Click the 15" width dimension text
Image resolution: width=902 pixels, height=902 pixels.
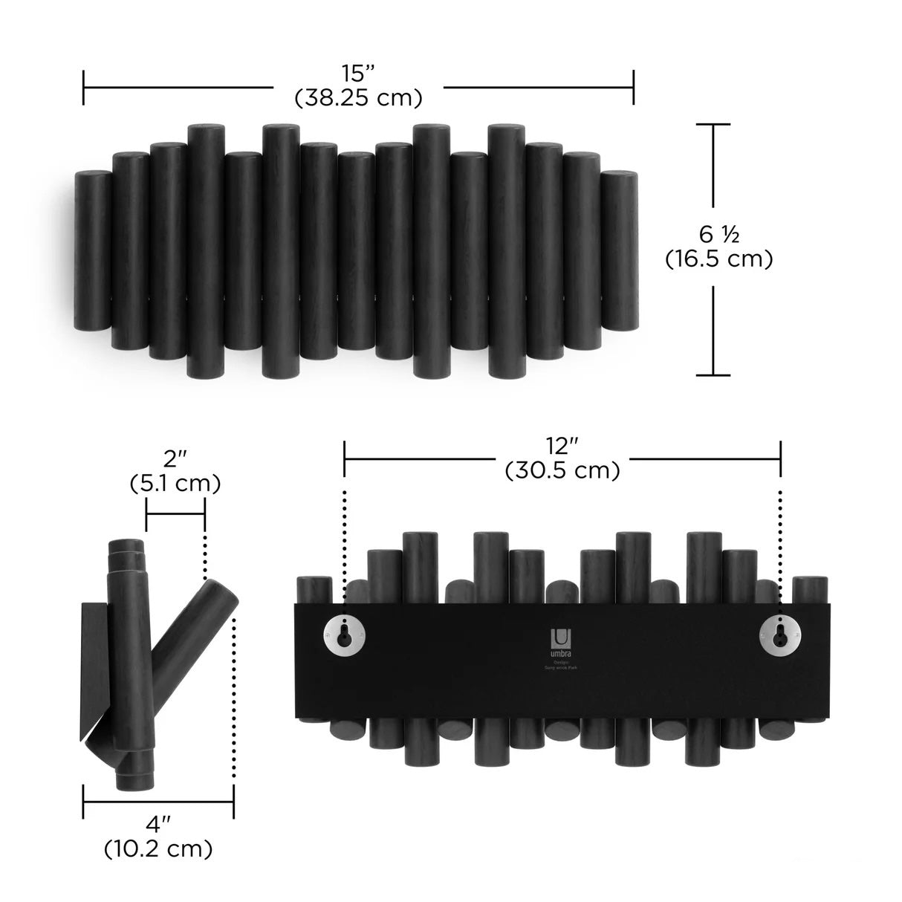tap(358, 74)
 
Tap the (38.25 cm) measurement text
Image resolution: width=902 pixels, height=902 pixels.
tap(358, 97)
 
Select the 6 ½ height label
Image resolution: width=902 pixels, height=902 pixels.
tap(718, 235)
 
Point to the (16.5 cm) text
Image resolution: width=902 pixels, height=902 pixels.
tap(718, 259)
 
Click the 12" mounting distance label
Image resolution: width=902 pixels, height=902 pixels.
tap(562, 447)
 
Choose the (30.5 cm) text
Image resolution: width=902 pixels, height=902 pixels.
tap(562, 470)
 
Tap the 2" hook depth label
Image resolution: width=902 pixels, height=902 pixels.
tap(175, 461)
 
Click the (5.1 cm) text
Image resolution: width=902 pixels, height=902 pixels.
tap(175, 484)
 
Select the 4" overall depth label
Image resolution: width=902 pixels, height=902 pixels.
tap(159, 824)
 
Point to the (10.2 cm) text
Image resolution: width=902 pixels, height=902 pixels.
tap(159, 847)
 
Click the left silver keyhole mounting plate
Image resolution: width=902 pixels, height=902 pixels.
tap(344, 635)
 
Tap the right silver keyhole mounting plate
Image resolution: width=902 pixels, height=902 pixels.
tap(779, 635)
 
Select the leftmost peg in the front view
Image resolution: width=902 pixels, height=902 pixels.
tap(93, 250)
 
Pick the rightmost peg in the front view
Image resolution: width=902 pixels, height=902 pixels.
tap(619, 250)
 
